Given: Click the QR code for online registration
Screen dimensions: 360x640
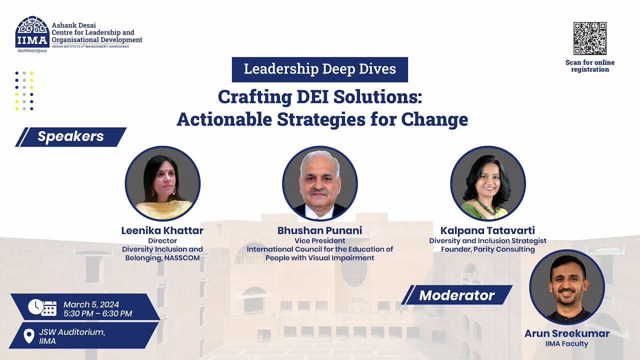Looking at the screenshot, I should click(x=590, y=38).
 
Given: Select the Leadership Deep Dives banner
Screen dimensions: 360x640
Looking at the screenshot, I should click(x=320, y=69).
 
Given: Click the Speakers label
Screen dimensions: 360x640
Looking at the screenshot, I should click(x=70, y=136).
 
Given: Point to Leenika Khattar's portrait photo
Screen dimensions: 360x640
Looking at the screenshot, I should click(x=162, y=183).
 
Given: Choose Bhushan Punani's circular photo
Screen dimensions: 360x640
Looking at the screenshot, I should click(x=320, y=183).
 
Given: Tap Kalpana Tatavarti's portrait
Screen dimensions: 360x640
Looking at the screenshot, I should click(x=488, y=183).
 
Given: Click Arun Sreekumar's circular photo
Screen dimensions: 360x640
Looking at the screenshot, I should click(x=567, y=287).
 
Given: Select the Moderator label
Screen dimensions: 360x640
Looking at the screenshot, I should click(x=456, y=295).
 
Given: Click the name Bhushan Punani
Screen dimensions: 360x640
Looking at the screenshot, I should click(x=320, y=230).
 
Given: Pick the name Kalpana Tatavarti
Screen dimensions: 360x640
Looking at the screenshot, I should click(x=487, y=230).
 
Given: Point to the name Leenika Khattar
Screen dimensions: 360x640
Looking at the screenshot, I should click(x=162, y=230).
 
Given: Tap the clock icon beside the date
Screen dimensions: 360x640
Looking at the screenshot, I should click(x=35, y=306).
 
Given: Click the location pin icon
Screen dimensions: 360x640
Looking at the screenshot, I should click(x=29, y=335).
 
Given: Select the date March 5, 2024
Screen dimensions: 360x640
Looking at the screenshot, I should click(x=91, y=304).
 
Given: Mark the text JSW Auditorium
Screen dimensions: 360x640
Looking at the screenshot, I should click(x=72, y=332).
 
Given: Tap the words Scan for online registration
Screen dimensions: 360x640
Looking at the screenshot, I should click(x=590, y=66).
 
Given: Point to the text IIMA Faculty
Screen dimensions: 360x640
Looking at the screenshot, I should click(x=566, y=343).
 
